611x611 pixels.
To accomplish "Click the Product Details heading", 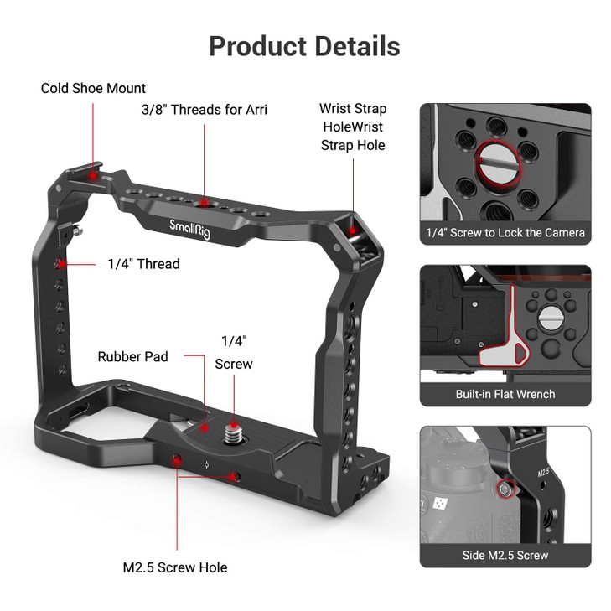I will coord(304,45).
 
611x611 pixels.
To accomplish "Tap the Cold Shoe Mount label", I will coord(93,88).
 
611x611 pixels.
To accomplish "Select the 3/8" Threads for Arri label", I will coord(205,110).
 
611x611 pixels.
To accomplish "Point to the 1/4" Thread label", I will coord(143,264).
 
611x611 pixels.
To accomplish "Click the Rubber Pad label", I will coord(132,356).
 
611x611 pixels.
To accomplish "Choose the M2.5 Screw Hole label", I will coord(174,567).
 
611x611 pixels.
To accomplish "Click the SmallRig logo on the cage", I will coord(190,228).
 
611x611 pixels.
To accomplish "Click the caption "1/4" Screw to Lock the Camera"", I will coord(505,232).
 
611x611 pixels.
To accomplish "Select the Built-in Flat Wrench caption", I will coord(505,394).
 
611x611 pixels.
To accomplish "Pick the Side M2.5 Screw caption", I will coord(505,555).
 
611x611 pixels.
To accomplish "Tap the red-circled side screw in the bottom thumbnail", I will coord(505,489).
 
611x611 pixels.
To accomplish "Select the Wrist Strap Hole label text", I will coord(353,127).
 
